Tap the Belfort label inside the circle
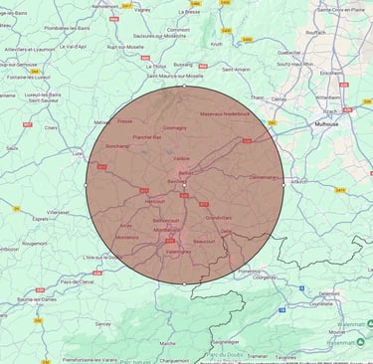click(185, 173)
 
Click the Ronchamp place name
click(117, 146)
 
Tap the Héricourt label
click(154, 201)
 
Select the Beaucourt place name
click(204, 241)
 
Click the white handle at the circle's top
click(185, 87)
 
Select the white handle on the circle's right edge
click(282, 184)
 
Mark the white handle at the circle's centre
click(185, 184)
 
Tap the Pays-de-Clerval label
click(78, 281)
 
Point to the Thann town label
click(257, 97)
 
